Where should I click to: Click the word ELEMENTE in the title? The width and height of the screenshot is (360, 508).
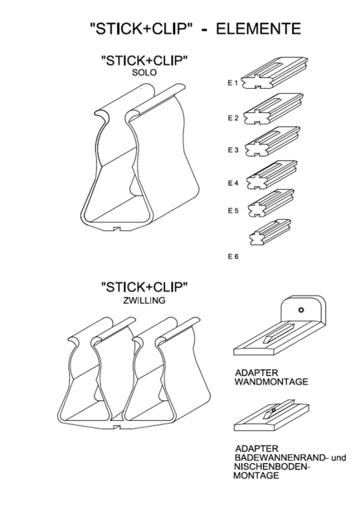pyautogui.click(x=258, y=29)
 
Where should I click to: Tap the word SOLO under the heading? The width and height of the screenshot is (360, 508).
pyautogui.click(x=144, y=72)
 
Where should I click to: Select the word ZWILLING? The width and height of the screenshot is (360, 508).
pyautogui.click(x=144, y=300)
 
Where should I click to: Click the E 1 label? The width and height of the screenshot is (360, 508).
pyautogui.click(x=232, y=83)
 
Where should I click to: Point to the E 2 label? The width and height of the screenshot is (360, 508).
pyautogui.click(x=232, y=118)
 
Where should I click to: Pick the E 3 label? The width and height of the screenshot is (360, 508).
pyautogui.click(x=232, y=150)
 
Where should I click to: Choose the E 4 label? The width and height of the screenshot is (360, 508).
pyautogui.click(x=232, y=183)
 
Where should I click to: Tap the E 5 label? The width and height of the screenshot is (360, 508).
pyautogui.click(x=232, y=211)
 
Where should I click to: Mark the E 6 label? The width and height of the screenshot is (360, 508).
pyautogui.click(x=232, y=257)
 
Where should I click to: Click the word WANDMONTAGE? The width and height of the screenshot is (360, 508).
pyautogui.click(x=271, y=382)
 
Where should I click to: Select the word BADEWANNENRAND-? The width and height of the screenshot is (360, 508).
pyautogui.click(x=281, y=458)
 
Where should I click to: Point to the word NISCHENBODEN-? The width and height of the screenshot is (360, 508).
pyautogui.click(x=272, y=467)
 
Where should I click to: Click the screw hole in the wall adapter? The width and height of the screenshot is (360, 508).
pyautogui.click(x=301, y=310)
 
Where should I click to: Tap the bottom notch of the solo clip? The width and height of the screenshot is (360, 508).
pyautogui.click(x=117, y=229)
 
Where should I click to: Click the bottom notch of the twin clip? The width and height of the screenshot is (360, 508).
pyautogui.click(x=117, y=426)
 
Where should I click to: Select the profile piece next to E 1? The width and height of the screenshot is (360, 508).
pyautogui.click(x=275, y=73)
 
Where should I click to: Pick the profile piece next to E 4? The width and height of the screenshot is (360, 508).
pyautogui.click(x=272, y=175)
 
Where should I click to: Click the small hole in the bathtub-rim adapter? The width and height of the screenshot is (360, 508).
pyautogui.click(x=274, y=410)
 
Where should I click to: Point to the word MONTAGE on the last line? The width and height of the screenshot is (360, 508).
pyautogui.click(x=256, y=476)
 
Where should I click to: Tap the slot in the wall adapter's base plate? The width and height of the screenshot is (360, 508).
pyautogui.click(x=279, y=332)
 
